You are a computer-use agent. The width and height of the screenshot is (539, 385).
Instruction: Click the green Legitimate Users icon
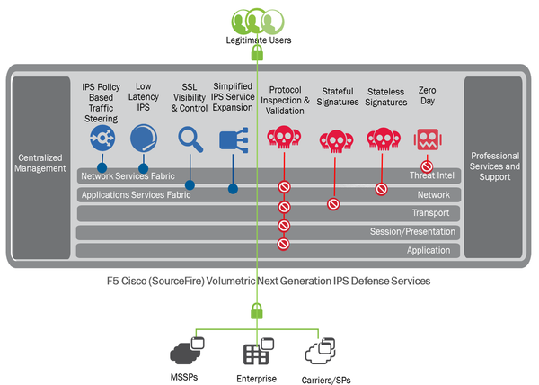[x=258, y=20]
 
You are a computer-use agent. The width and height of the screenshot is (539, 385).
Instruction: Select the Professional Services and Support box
[x=494, y=166]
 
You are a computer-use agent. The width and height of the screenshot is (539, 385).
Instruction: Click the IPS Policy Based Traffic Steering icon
[x=102, y=139]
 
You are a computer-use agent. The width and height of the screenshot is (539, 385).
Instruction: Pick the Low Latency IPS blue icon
[x=143, y=139]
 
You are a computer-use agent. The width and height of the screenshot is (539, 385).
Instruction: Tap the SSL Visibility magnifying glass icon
[x=190, y=139]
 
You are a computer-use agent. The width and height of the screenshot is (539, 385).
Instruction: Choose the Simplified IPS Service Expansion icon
[x=232, y=139]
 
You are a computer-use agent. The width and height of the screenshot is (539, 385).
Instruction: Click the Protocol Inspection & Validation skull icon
[x=284, y=139]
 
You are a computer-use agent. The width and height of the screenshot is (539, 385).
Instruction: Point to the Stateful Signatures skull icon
[x=333, y=140]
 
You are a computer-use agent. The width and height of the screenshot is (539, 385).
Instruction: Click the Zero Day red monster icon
[x=427, y=139]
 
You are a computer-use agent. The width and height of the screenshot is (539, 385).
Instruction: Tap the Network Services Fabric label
[x=127, y=176]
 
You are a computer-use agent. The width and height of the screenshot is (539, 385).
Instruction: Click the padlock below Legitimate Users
[x=258, y=54]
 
